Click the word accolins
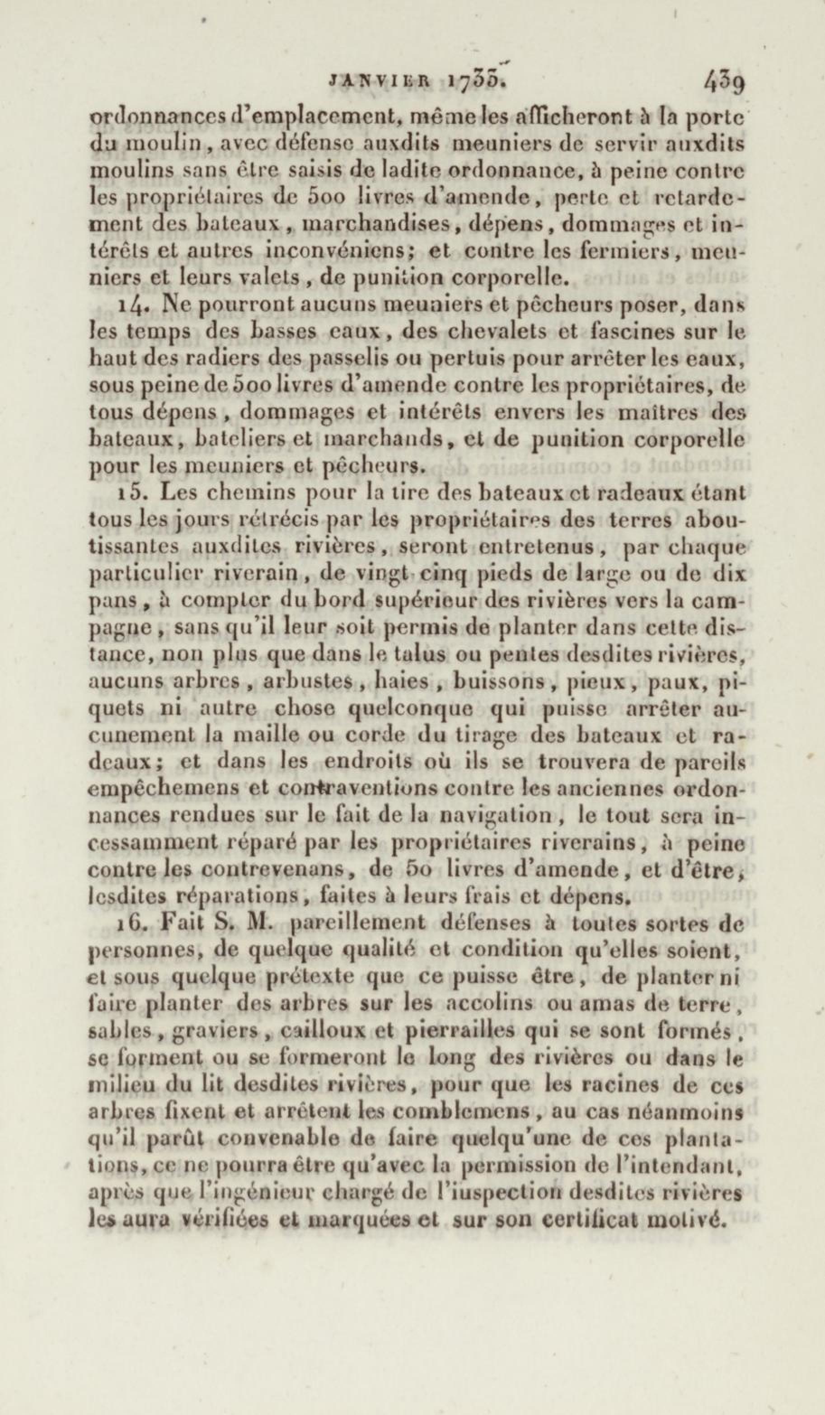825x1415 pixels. coord(498,1003)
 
